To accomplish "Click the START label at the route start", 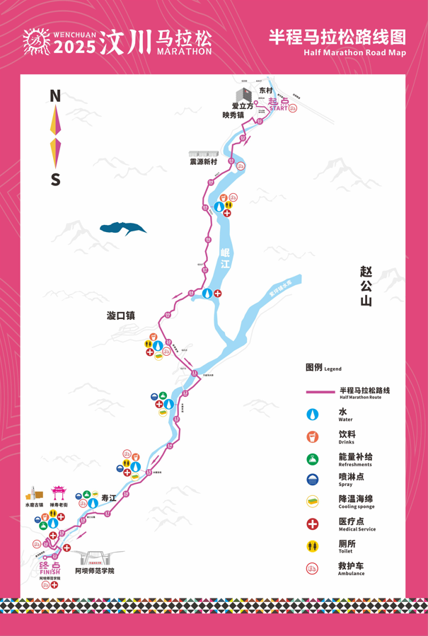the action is pyautogui.click(x=279, y=109).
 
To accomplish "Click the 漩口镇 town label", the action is pyautogui.click(x=121, y=316).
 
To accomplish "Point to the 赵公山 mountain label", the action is pyautogui.click(x=366, y=286).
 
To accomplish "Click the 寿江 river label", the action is pyautogui.click(x=109, y=498).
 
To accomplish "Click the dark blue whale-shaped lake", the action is pyautogui.click(x=122, y=228).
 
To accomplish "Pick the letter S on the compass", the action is pyautogui.click(x=55, y=180).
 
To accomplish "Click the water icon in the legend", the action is pyautogui.click(x=313, y=415).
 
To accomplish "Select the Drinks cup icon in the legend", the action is pyautogui.click(x=313, y=436).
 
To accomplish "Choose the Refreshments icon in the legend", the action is pyautogui.click(x=313, y=458).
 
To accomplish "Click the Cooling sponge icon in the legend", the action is pyautogui.click(x=313, y=502).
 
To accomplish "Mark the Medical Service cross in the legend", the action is pyautogui.click(x=313, y=524).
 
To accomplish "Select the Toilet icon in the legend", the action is pyautogui.click(x=313, y=546).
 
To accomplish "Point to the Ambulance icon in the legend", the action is pyautogui.click(x=313, y=568).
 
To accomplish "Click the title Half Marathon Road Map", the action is pyautogui.click(x=354, y=52).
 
